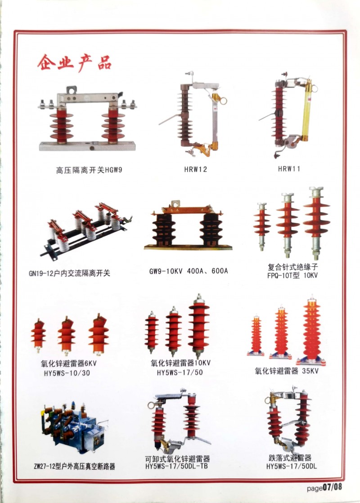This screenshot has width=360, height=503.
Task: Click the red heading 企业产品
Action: click(x=74, y=62)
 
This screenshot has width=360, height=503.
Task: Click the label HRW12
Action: click(x=195, y=169)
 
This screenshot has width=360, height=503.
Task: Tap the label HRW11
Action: click(x=289, y=169)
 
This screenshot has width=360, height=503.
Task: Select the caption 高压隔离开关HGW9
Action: click(x=89, y=170)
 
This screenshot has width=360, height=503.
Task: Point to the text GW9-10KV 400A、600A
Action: click(x=189, y=271)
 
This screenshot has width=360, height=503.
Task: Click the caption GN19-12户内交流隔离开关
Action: click(x=69, y=273)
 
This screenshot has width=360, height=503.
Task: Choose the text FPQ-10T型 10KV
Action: click(x=292, y=275)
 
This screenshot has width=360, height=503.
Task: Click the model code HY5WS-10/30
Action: click(x=67, y=373)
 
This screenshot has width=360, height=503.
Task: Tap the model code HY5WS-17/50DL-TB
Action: click(x=176, y=466)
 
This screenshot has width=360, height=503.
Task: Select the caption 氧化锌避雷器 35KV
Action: click(x=287, y=371)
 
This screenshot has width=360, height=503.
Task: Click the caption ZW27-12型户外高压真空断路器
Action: click(x=74, y=467)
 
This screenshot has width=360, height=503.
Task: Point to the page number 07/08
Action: click(x=332, y=487)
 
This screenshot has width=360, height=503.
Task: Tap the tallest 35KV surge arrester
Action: click(x=311, y=330)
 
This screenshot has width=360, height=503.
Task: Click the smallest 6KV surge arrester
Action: click(x=38, y=335)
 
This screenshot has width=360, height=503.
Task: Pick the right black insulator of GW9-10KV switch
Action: click(x=211, y=229)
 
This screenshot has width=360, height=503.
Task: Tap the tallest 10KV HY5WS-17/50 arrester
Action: click(x=198, y=326)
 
